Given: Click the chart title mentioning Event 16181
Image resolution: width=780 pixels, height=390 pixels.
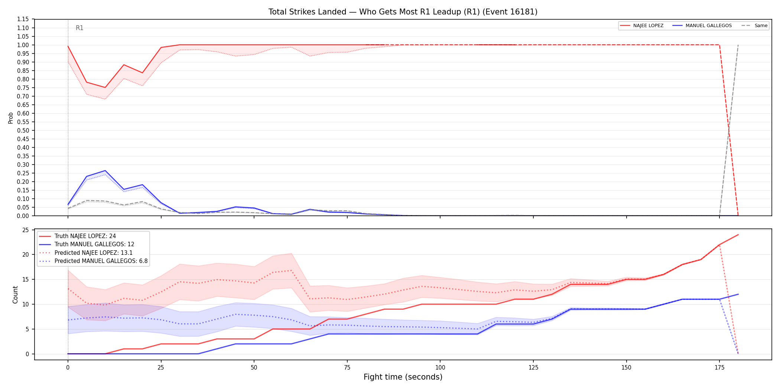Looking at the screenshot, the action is pyautogui.click(x=403, y=12).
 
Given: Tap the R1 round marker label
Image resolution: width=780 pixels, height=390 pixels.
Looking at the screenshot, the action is pyautogui.click(x=79, y=28).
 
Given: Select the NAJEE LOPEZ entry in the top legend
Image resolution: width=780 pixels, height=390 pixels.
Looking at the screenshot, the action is pyautogui.click(x=642, y=26).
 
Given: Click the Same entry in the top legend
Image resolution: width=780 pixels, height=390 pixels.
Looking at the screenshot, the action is pyautogui.click(x=754, y=26).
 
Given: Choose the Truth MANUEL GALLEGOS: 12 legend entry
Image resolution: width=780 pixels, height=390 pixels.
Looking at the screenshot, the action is pyautogui.click(x=87, y=244).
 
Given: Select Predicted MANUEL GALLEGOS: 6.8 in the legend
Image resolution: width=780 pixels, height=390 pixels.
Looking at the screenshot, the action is pyautogui.click(x=93, y=261).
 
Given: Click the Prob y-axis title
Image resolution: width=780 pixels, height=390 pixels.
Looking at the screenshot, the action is pyautogui.click(x=11, y=118).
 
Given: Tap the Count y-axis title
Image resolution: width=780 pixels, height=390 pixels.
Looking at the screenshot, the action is pyautogui.click(x=15, y=295).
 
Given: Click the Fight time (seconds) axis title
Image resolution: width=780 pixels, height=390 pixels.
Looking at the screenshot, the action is pyautogui.click(x=403, y=377).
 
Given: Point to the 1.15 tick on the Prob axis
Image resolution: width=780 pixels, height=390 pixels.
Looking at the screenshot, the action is pyautogui.click(x=23, y=19).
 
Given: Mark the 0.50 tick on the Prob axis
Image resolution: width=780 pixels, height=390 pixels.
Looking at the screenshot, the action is pyautogui.click(x=23, y=130).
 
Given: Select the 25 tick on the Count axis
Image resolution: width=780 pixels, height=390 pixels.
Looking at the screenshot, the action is pyautogui.click(x=26, y=230).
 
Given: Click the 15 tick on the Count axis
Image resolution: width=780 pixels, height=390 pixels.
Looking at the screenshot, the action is pyautogui.click(x=26, y=279).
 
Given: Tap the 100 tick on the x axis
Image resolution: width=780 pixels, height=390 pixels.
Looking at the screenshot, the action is pyautogui.click(x=440, y=368).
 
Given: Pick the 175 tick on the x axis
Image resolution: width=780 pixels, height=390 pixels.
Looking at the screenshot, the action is pyautogui.click(x=719, y=368).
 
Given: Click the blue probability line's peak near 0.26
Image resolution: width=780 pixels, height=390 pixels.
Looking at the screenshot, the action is pyautogui.click(x=105, y=170).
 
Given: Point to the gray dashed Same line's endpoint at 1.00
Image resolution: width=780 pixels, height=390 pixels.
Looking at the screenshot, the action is pyautogui.click(x=738, y=45).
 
